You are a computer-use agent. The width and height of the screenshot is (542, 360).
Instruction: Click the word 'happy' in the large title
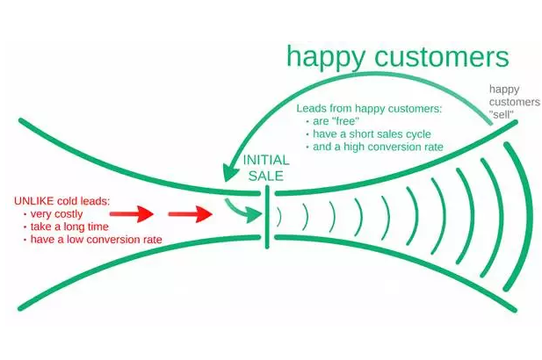(326, 58)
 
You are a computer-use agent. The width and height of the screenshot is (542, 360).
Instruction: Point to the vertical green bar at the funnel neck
(267, 219)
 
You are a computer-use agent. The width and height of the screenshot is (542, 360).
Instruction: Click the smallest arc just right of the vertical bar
(278, 219)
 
